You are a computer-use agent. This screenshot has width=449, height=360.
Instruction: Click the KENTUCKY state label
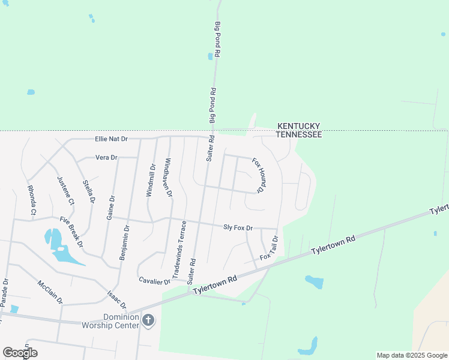[298, 126]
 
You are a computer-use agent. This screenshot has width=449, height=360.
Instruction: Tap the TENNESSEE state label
[300, 134]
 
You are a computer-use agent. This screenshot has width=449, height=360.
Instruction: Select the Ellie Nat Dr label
[112, 139]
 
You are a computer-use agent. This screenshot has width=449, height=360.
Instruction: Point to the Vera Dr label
[106, 157]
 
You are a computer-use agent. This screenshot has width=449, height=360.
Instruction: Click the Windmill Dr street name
[151, 181]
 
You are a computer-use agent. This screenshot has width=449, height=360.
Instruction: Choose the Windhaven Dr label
[168, 178]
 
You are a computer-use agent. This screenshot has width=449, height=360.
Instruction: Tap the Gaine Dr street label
[110, 206]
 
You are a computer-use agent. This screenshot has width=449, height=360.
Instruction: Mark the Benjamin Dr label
[124, 243]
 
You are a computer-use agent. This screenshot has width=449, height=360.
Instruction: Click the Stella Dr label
[89, 191]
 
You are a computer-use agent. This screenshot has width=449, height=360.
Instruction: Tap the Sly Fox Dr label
[238, 227]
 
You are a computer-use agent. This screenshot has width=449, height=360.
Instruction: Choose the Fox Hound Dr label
[258, 175]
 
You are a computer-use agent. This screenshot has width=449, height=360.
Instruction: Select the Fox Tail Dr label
[270, 248]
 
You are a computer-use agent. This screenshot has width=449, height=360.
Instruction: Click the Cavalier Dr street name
[155, 281]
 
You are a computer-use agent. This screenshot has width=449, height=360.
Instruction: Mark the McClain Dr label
[50, 291]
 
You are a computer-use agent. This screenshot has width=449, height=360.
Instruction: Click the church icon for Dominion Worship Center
[148, 322]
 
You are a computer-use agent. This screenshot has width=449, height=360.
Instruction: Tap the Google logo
[20, 353]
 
